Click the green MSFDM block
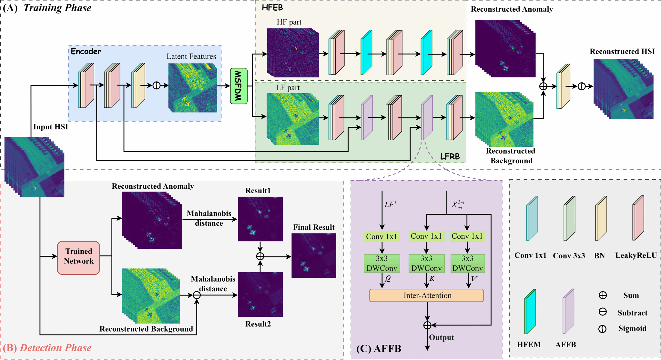pos(239,86)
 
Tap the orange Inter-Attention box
pos(426,295)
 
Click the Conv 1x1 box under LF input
pos(382,236)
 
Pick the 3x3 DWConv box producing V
pos(467,263)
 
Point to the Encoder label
pos(86,51)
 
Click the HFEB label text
pos(272,8)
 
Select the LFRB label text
pos(450,156)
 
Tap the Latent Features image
pos(193,88)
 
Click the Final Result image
pos(314,255)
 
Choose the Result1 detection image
pos(260,219)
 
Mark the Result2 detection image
pos(260,294)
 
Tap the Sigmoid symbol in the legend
pos(602,329)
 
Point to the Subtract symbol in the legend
pos(602,312)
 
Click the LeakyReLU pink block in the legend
pos(638,218)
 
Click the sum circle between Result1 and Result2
pos(260,256)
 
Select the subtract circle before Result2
pos(197,295)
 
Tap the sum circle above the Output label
pos(427,325)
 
